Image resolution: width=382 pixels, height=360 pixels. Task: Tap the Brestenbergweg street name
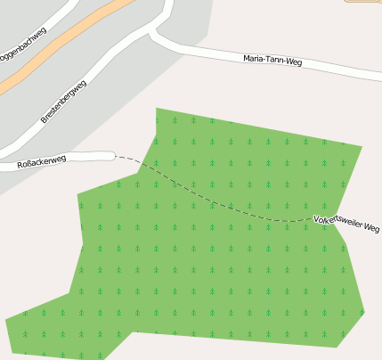63,102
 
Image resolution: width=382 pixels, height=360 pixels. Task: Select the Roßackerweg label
43,162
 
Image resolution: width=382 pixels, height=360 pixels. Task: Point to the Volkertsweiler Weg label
347,223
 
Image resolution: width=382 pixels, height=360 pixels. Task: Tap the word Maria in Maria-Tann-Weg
254,58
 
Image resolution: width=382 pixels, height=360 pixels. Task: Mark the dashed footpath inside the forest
223,205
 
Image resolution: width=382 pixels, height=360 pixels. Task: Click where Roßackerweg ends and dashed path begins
115,156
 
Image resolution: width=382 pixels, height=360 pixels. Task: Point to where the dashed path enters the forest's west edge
143,165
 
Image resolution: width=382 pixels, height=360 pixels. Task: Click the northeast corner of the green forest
362,145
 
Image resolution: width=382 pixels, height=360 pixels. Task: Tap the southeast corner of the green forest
337,347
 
